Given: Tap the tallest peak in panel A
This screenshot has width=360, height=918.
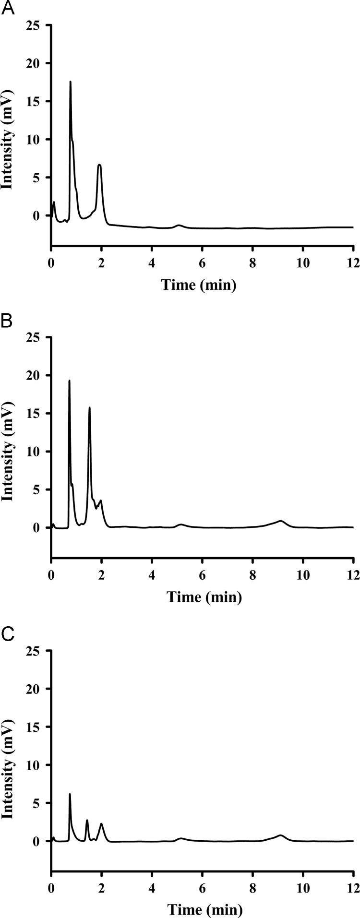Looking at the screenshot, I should (71, 82).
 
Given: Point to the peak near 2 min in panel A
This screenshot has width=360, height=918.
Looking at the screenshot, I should (99, 166).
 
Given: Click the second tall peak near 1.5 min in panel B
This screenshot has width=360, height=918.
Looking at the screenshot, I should (89, 408).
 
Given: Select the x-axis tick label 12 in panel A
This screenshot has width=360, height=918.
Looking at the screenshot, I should (353, 263).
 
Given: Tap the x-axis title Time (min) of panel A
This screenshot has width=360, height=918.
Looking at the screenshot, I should (199, 285).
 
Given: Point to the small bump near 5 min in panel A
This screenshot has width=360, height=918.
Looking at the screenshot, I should (179, 225).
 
